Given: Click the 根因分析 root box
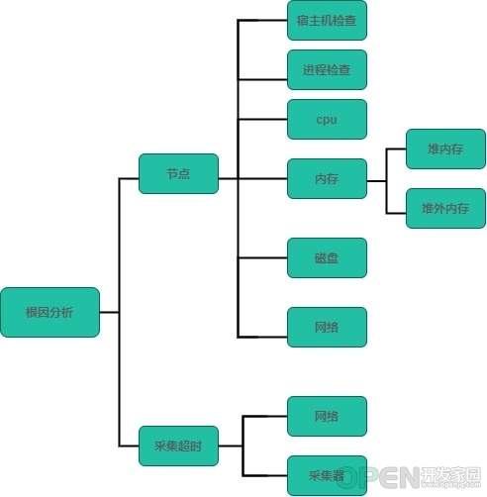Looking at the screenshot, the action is (x=49, y=312).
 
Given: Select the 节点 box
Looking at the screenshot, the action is (x=178, y=173).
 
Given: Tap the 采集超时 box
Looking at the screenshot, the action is (x=178, y=446).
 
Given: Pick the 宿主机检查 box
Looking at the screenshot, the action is (x=327, y=20).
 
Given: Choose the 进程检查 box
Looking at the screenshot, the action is (x=327, y=69).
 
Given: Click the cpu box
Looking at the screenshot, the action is (x=327, y=119).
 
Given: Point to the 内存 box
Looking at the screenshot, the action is (x=327, y=178).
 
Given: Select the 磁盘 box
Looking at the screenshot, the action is (x=327, y=257).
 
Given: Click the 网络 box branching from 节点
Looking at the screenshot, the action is (x=327, y=327).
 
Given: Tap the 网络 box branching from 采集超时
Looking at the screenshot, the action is (x=327, y=416).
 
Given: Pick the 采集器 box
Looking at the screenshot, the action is (x=327, y=475).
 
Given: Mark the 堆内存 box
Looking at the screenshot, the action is (x=445, y=149).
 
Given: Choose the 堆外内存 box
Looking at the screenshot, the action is (x=445, y=208).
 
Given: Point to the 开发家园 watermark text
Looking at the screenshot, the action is (x=451, y=474).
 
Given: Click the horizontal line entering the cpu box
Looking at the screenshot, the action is (x=262, y=119).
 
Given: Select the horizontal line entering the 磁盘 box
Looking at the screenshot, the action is (x=262, y=257).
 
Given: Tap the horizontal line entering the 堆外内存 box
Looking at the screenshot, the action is (x=396, y=213).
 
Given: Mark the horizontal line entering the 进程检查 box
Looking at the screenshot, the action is (x=262, y=79).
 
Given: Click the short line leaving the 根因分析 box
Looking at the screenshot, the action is (x=109, y=312).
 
